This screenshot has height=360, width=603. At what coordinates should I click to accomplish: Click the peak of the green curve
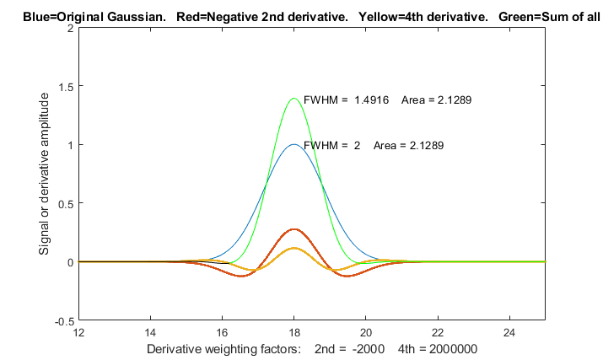[x=294, y=99]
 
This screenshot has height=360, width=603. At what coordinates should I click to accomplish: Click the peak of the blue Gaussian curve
[x=294, y=144]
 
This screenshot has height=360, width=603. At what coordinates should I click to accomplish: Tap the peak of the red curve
[x=294, y=229]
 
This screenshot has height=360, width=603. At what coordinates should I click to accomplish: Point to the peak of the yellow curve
[x=294, y=248]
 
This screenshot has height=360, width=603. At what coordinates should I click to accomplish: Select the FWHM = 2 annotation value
[x=357, y=145]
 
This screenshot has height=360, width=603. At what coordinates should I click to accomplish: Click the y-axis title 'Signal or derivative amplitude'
[x=45, y=174]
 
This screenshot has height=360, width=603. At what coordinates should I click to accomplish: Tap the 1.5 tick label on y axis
[x=64, y=86]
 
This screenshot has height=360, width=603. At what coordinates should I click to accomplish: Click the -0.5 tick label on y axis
[x=62, y=321]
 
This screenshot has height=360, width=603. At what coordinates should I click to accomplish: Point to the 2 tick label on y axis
[x=69, y=27]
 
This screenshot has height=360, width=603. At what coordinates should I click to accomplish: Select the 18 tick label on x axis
[x=294, y=332]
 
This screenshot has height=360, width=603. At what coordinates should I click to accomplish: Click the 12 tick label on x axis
[x=79, y=332]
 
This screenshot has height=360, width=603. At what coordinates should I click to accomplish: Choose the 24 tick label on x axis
[x=509, y=332]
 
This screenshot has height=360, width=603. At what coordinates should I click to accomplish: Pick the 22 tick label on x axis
[x=438, y=332]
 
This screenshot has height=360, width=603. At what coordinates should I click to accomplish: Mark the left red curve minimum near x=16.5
[x=241, y=276]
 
